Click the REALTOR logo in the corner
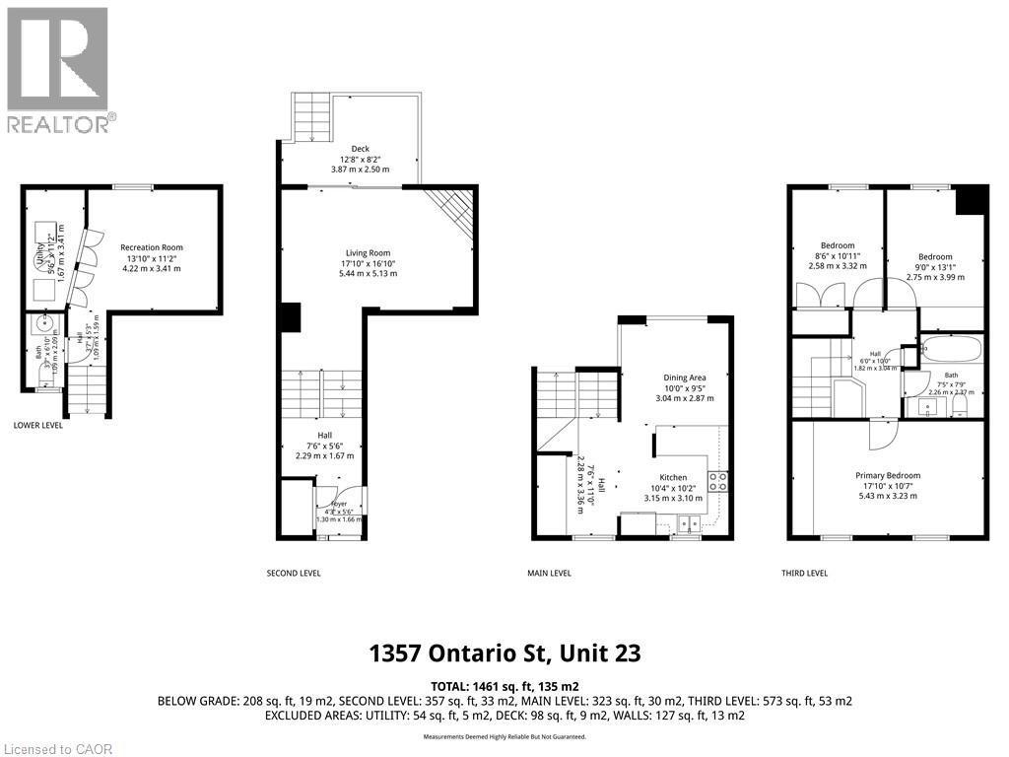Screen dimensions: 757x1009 [x=57, y=69]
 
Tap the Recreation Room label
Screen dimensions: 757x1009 [x=152, y=257]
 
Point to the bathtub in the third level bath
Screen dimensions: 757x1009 [x=951, y=350]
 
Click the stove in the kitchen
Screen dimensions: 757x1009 [x=718, y=481]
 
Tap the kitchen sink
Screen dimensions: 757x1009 [x=687, y=523]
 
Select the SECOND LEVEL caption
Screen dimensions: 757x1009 [x=294, y=573]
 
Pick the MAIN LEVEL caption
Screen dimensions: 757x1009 [x=549, y=573]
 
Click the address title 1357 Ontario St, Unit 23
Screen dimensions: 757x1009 [x=504, y=653]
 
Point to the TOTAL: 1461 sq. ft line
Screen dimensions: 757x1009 [x=504, y=685]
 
